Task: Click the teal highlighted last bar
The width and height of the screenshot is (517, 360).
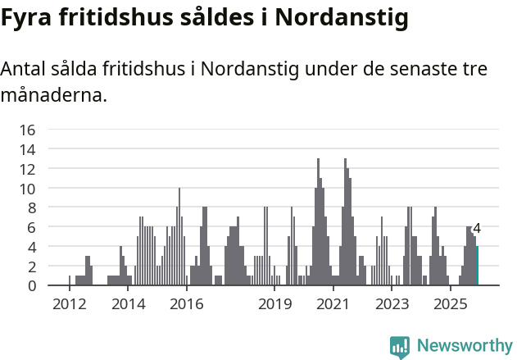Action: click(477, 266)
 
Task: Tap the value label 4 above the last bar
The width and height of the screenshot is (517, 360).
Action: click(476, 230)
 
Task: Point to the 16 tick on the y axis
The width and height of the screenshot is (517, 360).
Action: click(28, 130)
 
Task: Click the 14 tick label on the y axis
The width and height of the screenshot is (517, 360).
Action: click(28, 149)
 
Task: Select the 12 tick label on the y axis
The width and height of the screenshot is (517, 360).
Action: click(28, 169)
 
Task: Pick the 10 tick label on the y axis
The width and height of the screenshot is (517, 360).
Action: click(28, 189)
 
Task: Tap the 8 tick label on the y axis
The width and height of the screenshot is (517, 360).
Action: click(31, 207)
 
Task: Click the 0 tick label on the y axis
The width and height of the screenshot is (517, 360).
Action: click(31, 286)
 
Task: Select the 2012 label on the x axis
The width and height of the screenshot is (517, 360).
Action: click(69, 305)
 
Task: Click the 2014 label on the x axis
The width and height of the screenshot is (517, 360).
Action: click(128, 305)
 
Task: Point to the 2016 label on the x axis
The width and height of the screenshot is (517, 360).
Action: click(187, 305)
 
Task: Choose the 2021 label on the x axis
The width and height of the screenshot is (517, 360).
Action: click(333, 305)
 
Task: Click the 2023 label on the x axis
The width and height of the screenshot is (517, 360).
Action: click(392, 305)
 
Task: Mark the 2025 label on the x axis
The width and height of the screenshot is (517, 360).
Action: click(451, 305)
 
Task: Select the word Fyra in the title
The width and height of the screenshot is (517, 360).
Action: click(27, 19)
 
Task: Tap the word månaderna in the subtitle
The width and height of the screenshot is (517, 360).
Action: click(54, 95)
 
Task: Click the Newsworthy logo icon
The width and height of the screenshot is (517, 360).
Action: click(399, 346)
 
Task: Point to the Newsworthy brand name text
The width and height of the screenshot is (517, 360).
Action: click(464, 346)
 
